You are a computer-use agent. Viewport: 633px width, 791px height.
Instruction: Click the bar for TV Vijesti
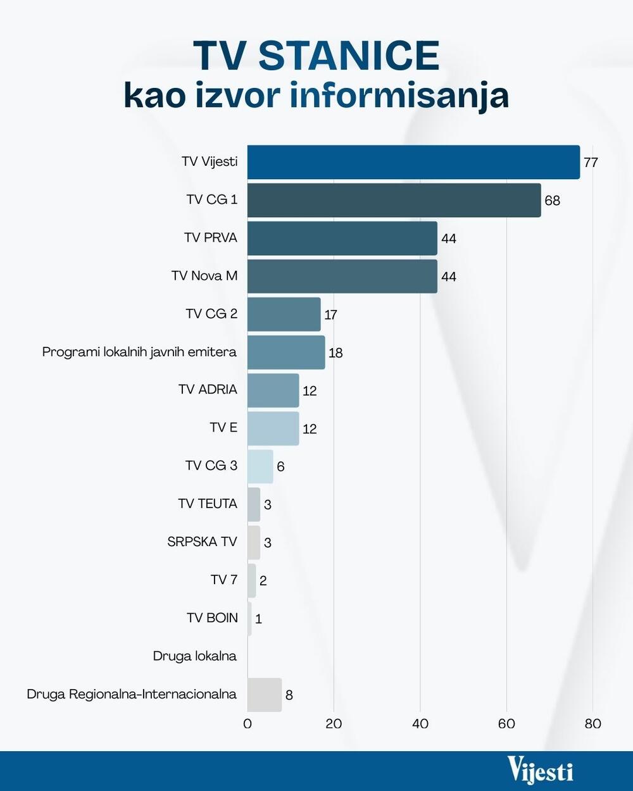413,162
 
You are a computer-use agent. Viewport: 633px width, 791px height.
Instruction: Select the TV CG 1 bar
394,200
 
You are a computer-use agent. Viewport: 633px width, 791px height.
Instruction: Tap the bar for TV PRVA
342,238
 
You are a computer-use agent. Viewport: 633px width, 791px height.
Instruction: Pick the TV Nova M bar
342,276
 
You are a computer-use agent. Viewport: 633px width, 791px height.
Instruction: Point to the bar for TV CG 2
284,315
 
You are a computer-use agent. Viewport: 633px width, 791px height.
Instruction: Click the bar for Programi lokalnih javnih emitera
285,352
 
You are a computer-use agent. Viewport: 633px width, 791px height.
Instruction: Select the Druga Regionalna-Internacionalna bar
264,695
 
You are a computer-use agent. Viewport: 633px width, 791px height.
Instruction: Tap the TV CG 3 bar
260,466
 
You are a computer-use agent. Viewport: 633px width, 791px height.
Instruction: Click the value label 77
591,163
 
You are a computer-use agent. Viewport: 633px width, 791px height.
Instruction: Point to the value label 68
552,201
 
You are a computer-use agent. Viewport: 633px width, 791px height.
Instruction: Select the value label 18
335,353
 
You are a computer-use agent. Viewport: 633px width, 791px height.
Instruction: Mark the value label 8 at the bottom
289,695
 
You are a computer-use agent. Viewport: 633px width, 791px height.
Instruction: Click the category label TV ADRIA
208,390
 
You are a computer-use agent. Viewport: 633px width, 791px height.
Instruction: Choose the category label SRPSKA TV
202,542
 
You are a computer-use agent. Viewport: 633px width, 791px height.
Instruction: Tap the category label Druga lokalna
194,656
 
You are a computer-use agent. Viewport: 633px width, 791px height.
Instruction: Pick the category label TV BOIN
212,618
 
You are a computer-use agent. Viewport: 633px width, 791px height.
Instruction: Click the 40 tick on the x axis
420,724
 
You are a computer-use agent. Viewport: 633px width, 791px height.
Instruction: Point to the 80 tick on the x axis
592,724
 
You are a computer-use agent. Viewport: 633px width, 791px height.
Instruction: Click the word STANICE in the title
349,56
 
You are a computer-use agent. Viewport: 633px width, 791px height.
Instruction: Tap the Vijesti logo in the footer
540,771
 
